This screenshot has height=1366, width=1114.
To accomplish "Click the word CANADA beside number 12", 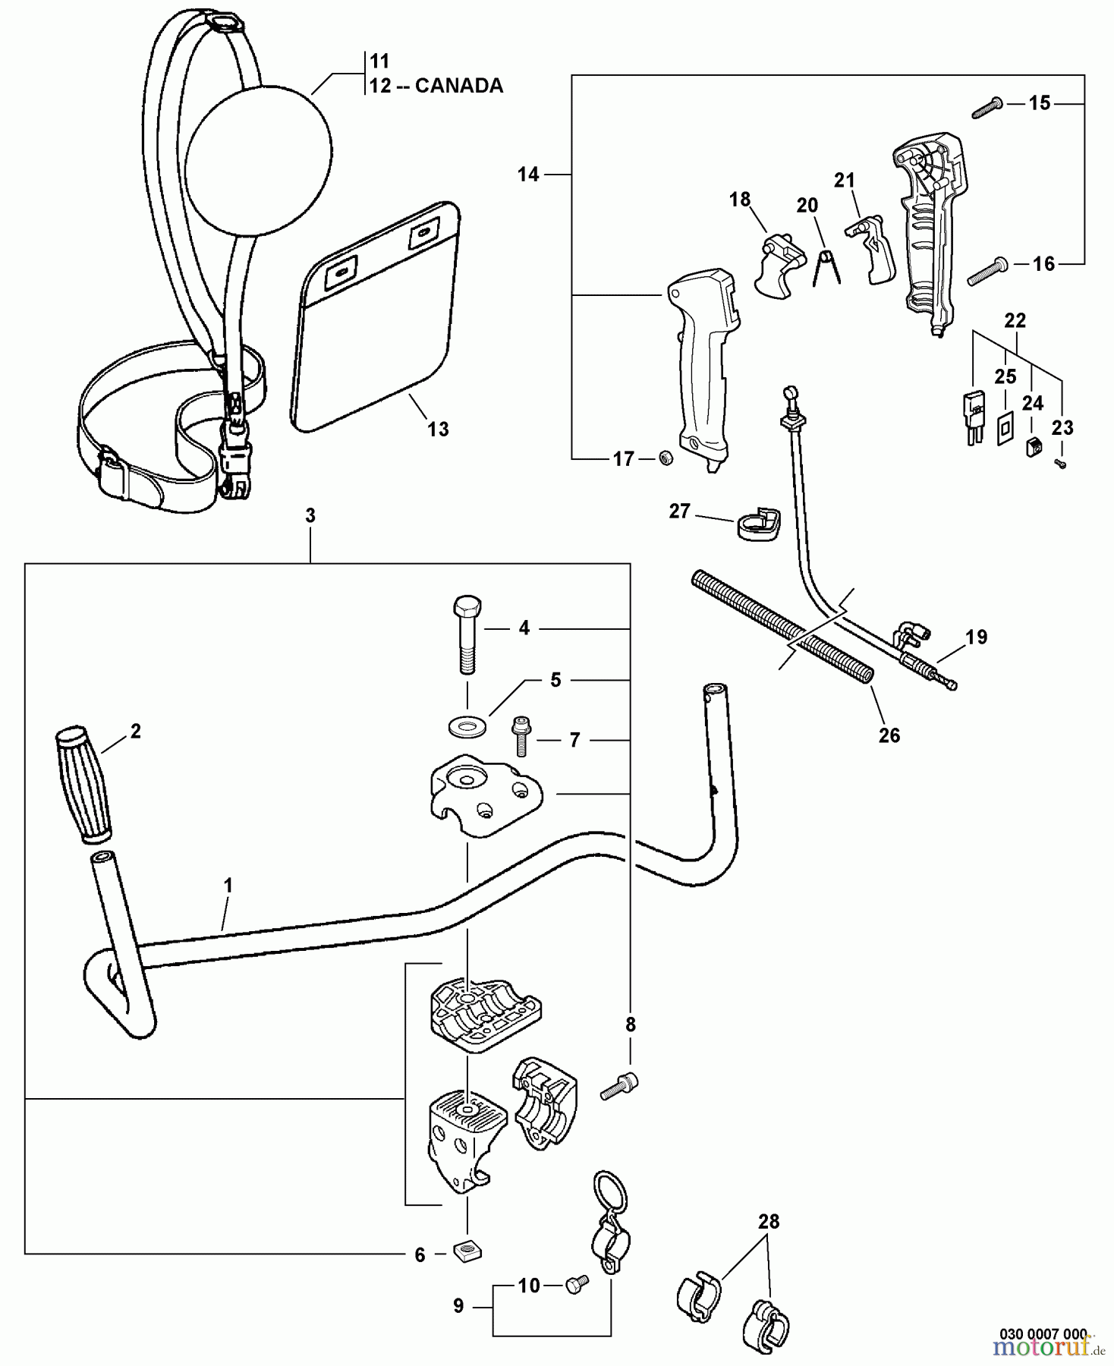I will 458,86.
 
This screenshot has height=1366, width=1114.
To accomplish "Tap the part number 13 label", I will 438,429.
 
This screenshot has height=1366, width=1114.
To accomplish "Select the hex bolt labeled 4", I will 466,635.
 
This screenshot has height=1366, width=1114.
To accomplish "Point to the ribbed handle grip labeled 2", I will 83,785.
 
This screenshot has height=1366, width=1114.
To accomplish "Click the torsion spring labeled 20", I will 826,269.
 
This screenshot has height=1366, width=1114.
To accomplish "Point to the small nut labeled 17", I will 666,458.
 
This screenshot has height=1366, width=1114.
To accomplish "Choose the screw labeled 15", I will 987,108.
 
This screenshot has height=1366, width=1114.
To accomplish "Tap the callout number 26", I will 889,735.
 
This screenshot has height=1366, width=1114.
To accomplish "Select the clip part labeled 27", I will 757,524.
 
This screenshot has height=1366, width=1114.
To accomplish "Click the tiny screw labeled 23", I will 1061,464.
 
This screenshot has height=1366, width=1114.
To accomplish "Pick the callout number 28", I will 768,1222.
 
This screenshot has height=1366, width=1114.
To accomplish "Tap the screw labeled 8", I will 619,1087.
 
